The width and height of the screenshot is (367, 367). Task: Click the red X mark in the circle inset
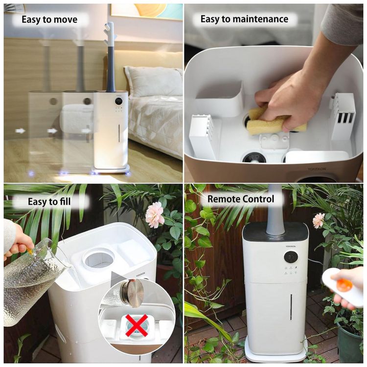tap(137, 325)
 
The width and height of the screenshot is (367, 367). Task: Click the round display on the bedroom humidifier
tap(119, 101)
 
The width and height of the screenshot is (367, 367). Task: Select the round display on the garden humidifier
tap(291, 257)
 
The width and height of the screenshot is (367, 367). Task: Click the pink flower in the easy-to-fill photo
tap(155, 215)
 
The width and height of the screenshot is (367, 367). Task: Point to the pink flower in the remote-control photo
tap(319, 221)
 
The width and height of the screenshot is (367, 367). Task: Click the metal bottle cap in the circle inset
tap(133, 293)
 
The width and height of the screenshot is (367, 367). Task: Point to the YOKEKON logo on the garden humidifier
tap(291, 247)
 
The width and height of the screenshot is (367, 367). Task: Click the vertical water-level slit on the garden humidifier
tap(291, 307)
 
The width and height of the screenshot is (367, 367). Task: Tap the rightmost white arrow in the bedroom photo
tap(86, 130)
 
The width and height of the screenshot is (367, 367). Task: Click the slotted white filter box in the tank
tap(343, 116)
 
